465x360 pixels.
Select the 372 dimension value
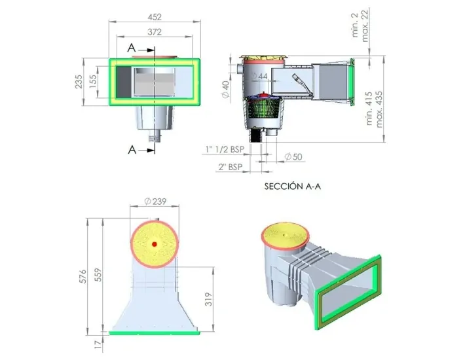tap(155, 31)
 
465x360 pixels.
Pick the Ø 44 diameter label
tap(261, 77)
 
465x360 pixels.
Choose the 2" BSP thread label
tap(231, 168)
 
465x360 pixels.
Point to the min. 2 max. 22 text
tap(362, 24)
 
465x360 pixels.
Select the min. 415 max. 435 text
tap(375, 109)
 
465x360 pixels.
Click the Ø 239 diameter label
tap(155, 202)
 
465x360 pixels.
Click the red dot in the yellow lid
tap(155, 244)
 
